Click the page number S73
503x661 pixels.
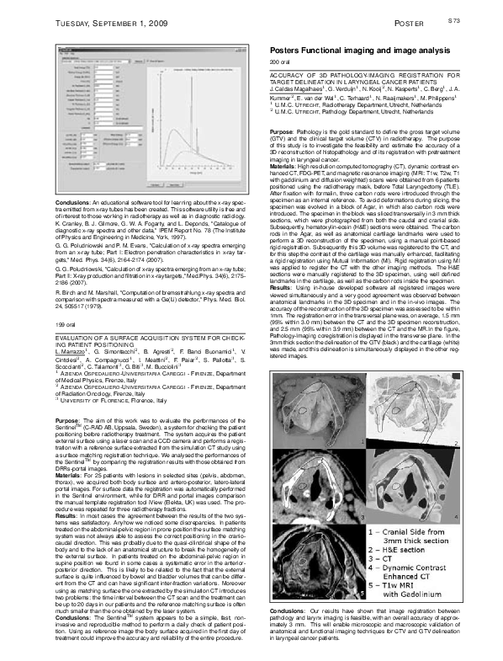(477, 18)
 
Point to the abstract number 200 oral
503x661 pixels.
(279, 63)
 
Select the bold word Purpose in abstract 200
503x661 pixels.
(282, 133)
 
